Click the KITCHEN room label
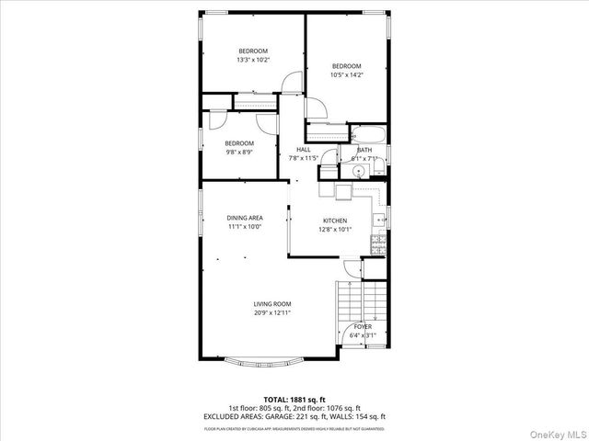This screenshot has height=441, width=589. coord(334,220)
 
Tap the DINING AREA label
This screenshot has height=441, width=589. coord(245,218)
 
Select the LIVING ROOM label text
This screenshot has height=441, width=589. coord(272,304)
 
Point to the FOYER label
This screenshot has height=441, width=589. coord(363,327)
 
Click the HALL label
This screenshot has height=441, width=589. coord(303,150)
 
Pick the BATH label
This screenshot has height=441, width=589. coord(364,150)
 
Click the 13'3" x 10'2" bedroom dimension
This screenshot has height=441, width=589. coord(252,60)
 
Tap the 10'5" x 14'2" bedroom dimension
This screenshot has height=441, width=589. coord(346,75)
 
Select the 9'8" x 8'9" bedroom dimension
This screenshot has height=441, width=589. coord(239,153)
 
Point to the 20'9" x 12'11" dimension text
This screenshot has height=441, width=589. coord(272,313)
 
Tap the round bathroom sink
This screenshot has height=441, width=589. coord(360,171)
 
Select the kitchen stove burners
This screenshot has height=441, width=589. coord(377,243)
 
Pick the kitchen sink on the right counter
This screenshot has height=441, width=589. coord(378,220)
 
